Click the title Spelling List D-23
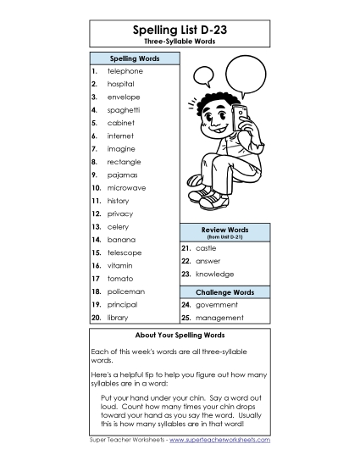[x=179, y=30]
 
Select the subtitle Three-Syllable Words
[x=179, y=42]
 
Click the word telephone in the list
[x=125, y=71]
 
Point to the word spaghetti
[x=123, y=110]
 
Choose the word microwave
[x=126, y=187]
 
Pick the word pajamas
[x=122, y=175]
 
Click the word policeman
[x=126, y=291]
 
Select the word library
[x=118, y=317]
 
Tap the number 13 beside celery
[x=97, y=226]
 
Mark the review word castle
[x=206, y=248]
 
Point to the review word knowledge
[x=214, y=275]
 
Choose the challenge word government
[x=217, y=304]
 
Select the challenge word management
[x=219, y=318]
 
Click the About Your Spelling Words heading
[x=179, y=336]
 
